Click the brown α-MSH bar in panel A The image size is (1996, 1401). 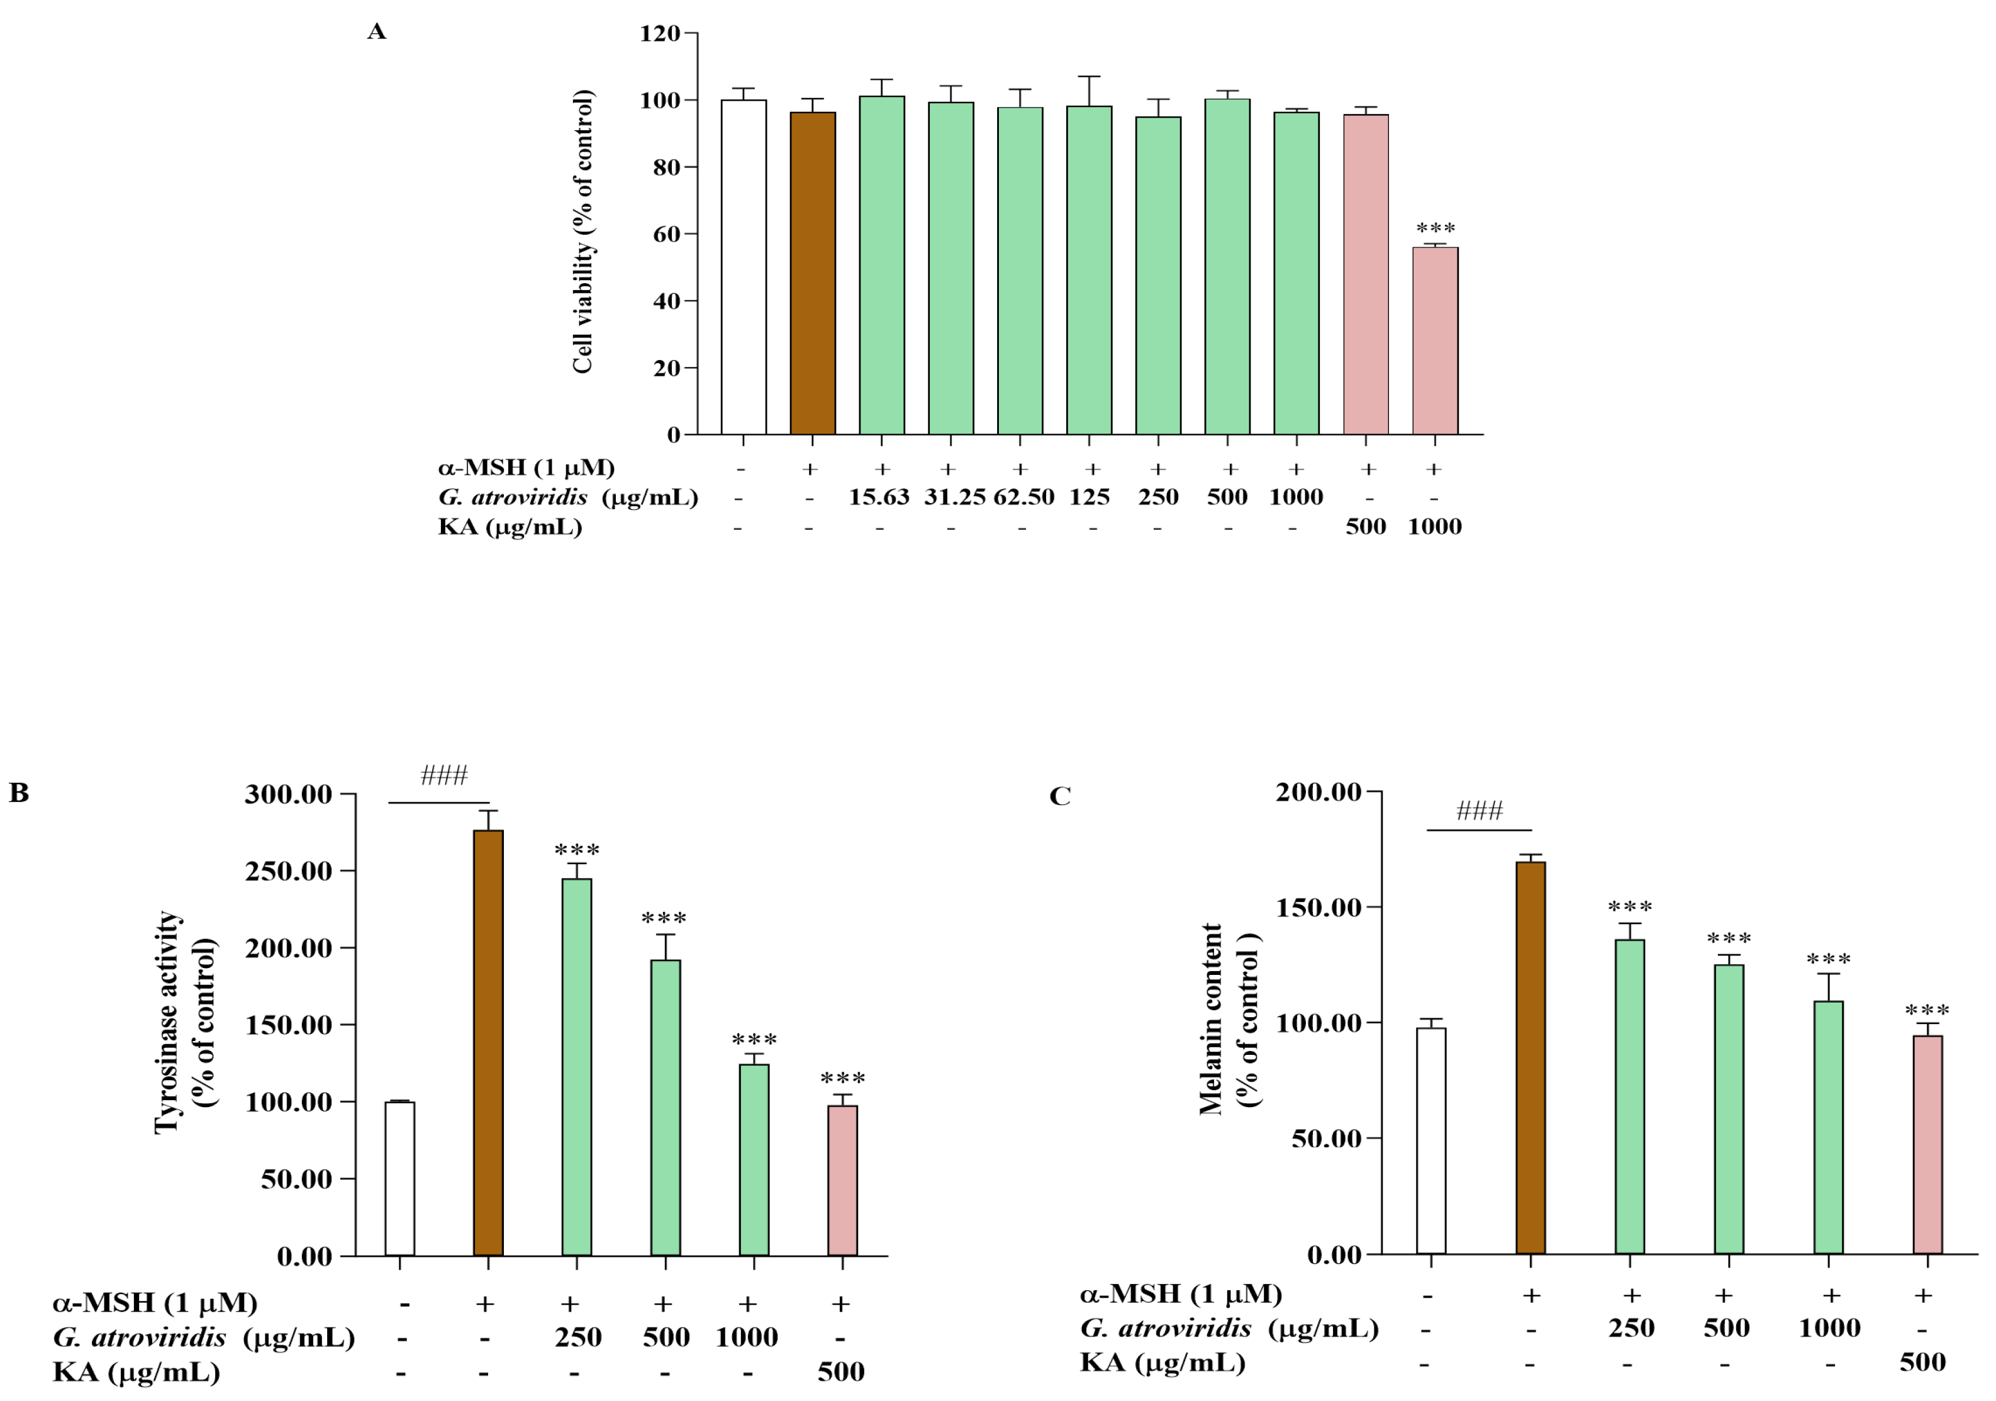point(812,273)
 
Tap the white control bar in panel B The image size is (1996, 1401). point(400,1178)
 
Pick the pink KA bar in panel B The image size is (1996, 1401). point(842,1180)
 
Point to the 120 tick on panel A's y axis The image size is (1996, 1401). point(660,34)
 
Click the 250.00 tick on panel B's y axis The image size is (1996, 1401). point(289,870)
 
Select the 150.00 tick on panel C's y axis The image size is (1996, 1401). point(1318,907)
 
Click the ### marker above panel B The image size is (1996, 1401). point(443,775)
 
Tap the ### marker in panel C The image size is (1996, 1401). point(1479,811)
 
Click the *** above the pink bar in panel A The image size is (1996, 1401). point(1436,228)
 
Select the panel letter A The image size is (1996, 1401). point(376,32)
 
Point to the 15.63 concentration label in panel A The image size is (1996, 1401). point(878,497)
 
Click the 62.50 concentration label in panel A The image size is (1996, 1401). point(1023,497)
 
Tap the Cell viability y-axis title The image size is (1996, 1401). point(582,232)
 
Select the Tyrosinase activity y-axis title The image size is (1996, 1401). point(166,1022)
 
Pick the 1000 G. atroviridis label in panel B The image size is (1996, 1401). point(746,1337)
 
